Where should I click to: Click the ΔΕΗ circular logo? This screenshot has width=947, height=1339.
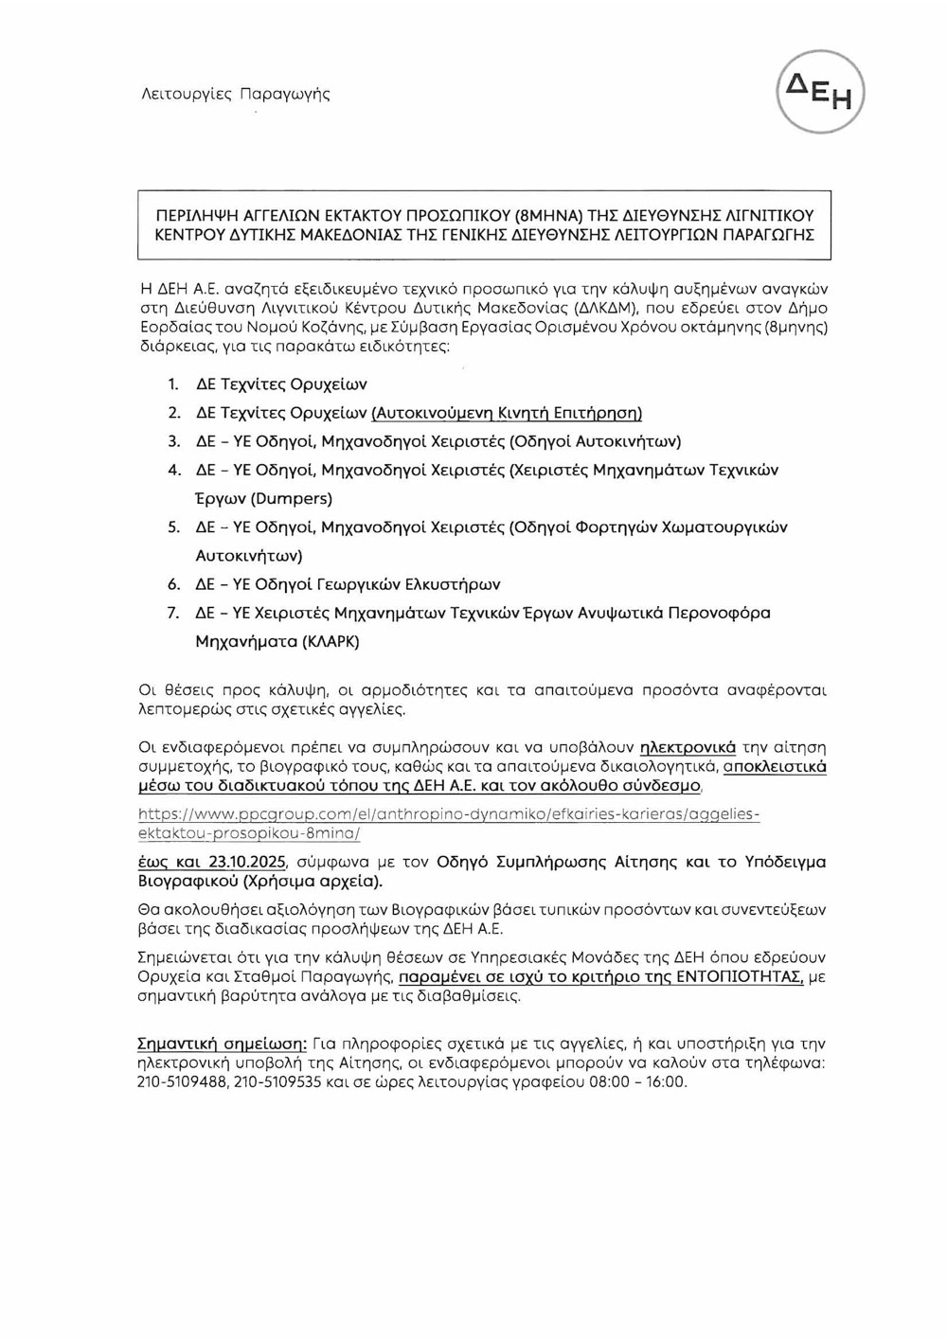[821, 92]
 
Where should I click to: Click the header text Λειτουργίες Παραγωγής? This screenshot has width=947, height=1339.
[235, 94]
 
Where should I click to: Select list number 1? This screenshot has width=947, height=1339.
[172, 384]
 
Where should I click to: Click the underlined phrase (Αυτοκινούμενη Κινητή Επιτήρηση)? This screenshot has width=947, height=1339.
[507, 413]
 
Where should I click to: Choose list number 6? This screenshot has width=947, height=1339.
[173, 584]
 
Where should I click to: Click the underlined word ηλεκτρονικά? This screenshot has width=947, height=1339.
[688, 747]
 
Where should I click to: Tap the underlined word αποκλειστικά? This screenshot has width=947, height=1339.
[775, 766]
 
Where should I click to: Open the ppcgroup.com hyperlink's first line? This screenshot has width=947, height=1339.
[449, 814]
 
